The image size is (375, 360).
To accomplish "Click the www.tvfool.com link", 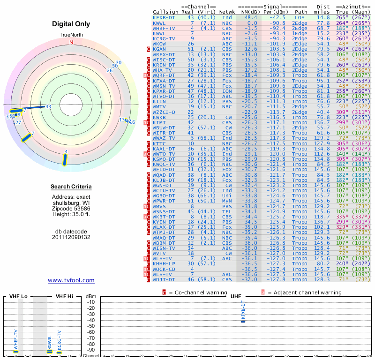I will coord(71,280).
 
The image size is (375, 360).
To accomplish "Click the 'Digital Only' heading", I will coord(71,24).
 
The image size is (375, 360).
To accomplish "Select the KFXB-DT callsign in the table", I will coord(164,17).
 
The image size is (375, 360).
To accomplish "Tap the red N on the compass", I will coord(71,42).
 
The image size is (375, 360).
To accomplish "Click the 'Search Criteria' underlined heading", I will coord(71,187).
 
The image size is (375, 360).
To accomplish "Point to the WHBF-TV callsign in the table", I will coord(164,28).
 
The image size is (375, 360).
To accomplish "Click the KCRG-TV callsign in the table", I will coord(164,38).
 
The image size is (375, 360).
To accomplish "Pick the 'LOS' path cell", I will coord(300,17).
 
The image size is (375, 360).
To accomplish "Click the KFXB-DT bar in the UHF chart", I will coord(242,321).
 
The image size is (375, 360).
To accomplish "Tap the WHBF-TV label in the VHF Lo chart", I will coord(15,340).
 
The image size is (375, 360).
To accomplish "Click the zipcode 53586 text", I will coord(71,208).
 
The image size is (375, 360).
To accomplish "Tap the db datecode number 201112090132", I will coord(71,237).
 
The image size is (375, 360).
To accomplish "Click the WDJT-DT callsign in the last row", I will coord(164,279).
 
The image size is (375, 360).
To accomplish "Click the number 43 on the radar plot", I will coord(48,107).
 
